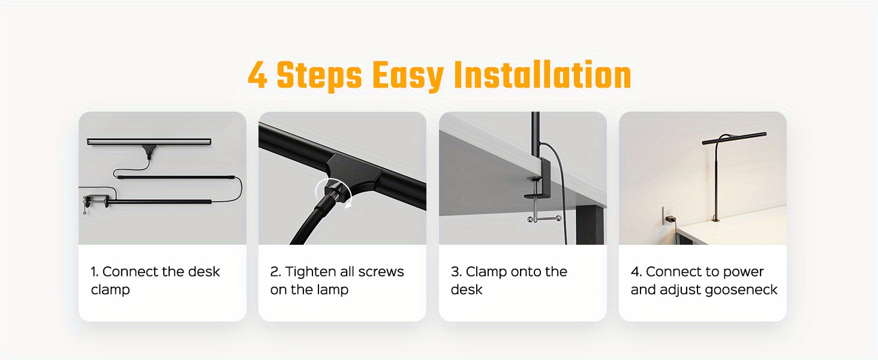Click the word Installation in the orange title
pyautogui.click(x=543, y=75)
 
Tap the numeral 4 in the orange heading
pyautogui.click(x=257, y=75)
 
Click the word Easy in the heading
pyautogui.click(x=408, y=77)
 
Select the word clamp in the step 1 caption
pyautogui.click(x=110, y=290)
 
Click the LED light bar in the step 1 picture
pyautogui.click(x=149, y=141)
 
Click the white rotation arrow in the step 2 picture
pyautogui.click(x=333, y=191)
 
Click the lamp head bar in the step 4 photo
pyautogui.click(x=733, y=139)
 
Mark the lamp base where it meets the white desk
pyautogui.click(x=715, y=220)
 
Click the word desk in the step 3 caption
pyautogui.click(x=467, y=290)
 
